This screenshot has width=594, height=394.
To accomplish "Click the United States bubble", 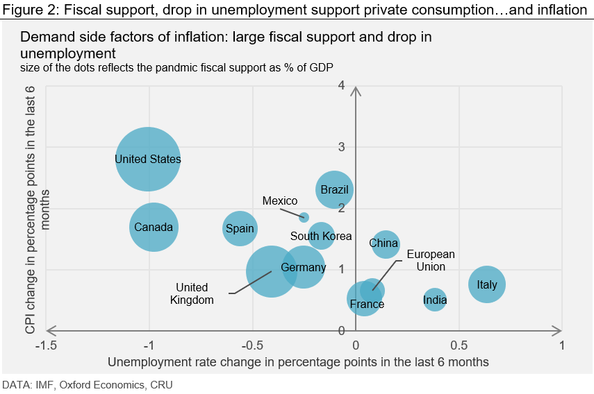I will tap(148, 160).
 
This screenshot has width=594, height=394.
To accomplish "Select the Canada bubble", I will tap(154, 227).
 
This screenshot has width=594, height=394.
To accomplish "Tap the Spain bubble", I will tap(239, 229).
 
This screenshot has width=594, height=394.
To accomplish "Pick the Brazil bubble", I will tap(334, 189).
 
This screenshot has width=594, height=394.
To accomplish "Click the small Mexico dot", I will tap(304, 217).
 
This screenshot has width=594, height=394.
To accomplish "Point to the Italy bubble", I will tap(487, 284).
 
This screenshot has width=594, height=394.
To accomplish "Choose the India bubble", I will tap(434, 300).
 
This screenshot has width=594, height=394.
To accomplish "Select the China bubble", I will tap(384, 243).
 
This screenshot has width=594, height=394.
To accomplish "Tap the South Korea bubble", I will tap(321, 236).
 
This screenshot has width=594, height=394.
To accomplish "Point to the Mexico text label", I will tap(279, 201).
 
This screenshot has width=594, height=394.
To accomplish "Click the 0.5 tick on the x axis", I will tap(458, 345).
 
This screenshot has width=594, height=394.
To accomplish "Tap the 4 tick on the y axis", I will tap(341, 85).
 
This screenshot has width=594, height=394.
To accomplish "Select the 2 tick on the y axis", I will tap(341, 208).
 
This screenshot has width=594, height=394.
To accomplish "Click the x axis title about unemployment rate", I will tap(298, 361).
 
